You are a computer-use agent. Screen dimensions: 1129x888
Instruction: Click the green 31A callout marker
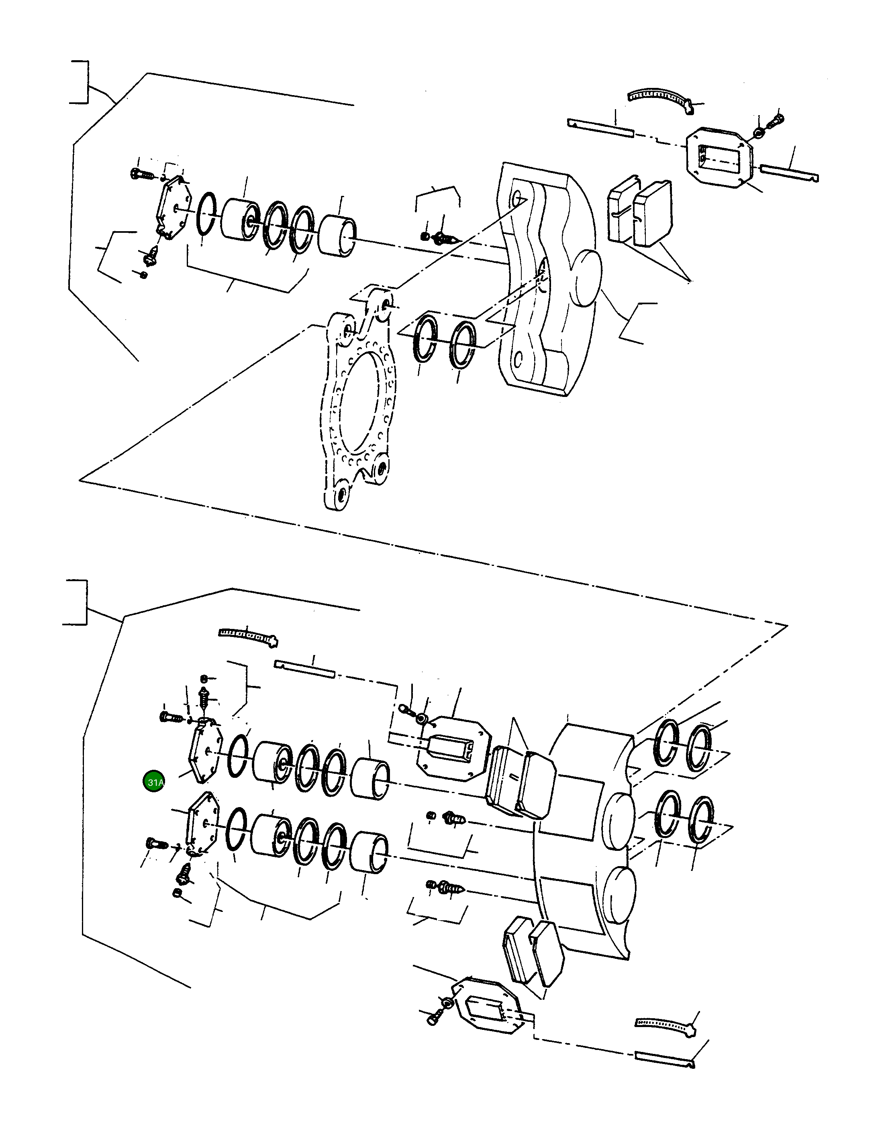pos(154,782)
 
